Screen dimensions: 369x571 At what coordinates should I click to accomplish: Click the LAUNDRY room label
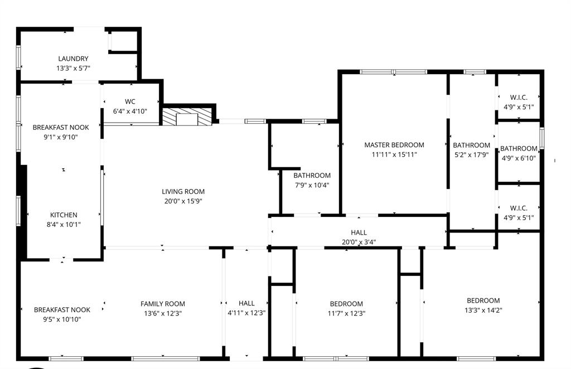(73, 59)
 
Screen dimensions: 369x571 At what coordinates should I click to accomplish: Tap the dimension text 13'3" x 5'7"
(73, 68)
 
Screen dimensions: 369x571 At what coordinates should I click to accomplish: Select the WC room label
(130, 101)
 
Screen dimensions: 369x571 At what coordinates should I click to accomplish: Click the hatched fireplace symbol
(187, 116)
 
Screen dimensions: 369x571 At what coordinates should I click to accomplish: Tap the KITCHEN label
(64, 215)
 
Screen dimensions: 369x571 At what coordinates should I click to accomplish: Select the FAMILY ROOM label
(162, 304)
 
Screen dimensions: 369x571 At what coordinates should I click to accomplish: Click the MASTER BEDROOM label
(394, 145)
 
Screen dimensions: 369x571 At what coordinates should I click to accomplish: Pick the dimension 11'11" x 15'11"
(394, 154)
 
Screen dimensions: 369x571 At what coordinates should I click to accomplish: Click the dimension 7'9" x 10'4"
(312, 185)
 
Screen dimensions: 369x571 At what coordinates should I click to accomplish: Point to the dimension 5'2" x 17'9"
(471, 155)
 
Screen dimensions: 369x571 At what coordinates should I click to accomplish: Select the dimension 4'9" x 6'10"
(519, 158)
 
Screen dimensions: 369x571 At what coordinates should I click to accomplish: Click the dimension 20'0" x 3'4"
(359, 242)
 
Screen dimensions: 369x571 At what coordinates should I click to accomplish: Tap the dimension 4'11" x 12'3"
(246, 313)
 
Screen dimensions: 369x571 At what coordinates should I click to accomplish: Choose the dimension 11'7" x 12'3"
(346, 313)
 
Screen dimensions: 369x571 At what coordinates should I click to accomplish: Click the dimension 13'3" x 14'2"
(483, 310)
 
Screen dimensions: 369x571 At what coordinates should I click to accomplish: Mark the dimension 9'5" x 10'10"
(62, 319)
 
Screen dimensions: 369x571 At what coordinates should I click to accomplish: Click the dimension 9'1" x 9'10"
(60, 137)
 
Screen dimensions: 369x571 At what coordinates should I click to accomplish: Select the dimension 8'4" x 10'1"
(64, 225)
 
